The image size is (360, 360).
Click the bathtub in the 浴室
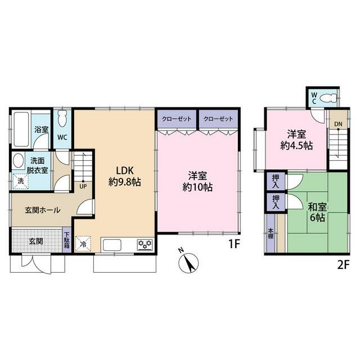click(x=21, y=130)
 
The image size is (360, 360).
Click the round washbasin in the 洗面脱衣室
click(x=19, y=160)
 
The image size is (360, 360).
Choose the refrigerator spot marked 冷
click(x=83, y=244)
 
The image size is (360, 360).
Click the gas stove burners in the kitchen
click(x=144, y=244)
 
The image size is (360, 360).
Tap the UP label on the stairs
click(x=83, y=186)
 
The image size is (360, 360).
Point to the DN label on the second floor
click(x=337, y=124)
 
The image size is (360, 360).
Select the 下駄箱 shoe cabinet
click(x=66, y=241)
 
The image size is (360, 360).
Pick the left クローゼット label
click(x=176, y=119)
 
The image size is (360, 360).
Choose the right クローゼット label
click(x=218, y=119)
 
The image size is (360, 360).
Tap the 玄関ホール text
click(x=35, y=210)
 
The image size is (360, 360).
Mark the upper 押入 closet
click(x=276, y=181)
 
